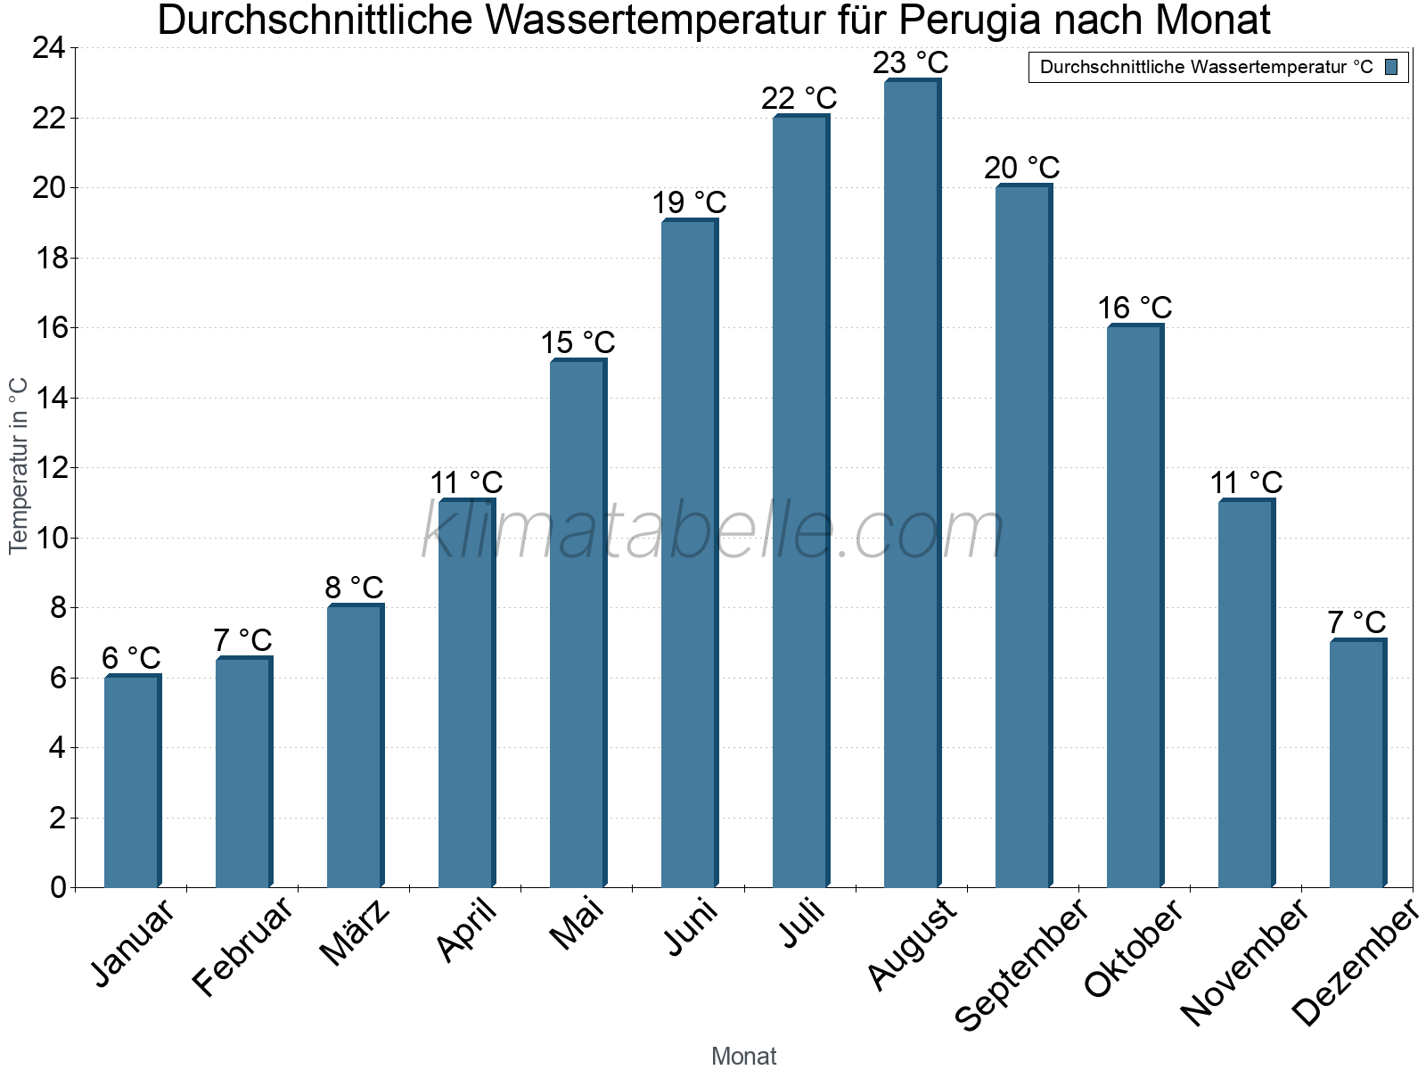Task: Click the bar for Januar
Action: click(131, 782)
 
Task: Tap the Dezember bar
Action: click(1356, 764)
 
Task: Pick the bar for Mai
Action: click(577, 624)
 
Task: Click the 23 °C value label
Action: click(911, 63)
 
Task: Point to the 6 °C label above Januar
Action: click(131, 659)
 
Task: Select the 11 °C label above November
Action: click(1246, 483)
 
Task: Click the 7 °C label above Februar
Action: click(242, 640)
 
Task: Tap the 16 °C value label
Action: click(1135, 309)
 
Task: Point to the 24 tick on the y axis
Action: click(49, 48)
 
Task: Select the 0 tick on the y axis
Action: click(58, 887)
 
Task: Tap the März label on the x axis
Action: click(356, 934)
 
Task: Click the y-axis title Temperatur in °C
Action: click(19, 465)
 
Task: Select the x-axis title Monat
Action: click(743, 1056)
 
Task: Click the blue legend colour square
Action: click(1391, 67)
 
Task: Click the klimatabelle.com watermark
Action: click(713, 532)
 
